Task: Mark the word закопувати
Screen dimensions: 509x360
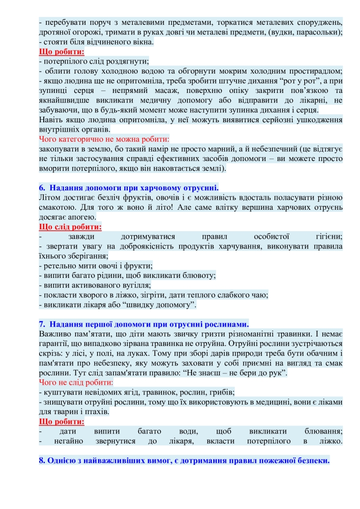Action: (59, 149)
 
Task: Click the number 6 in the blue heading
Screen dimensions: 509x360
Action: (42, 188)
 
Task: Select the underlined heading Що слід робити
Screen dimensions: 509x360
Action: (70, 227)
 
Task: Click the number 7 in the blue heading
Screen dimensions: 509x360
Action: (42, 324)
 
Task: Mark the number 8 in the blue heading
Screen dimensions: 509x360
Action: (42, 460)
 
